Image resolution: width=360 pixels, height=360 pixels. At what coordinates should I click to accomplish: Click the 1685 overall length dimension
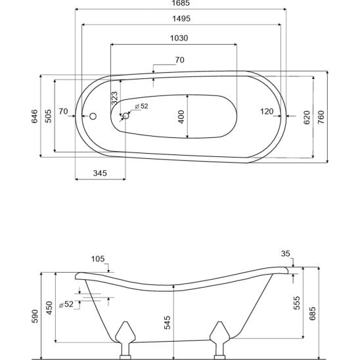click(x=181, y=3)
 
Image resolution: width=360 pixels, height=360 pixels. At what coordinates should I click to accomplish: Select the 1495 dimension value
click(x=181, y=18)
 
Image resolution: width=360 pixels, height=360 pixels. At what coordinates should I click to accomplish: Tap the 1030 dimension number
click(x=179, y=38)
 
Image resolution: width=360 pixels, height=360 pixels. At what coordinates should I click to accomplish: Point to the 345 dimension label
click(x=100, y=173)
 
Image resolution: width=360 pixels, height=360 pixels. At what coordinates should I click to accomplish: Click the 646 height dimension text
click(x=34, y=116)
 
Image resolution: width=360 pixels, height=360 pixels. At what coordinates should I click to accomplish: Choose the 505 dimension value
click(x=48, y=116)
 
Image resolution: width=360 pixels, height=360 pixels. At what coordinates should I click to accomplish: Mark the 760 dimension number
click(x=321, y=118)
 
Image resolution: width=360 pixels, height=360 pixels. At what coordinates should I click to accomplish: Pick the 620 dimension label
click(x=307, y=118)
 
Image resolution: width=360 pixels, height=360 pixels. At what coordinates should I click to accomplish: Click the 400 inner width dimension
click(x=181, y=117)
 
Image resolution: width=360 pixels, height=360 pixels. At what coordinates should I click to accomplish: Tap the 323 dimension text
click(x=114, y=98)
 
